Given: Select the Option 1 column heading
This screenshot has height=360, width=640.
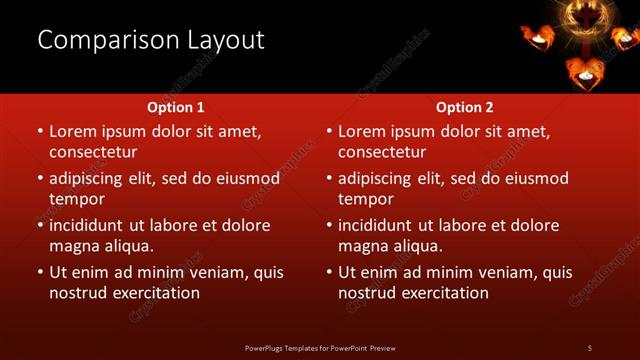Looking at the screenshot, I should pos(176,107).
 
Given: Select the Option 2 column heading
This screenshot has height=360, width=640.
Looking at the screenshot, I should pos(465,107).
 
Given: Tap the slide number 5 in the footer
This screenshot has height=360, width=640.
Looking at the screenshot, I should pos(590,347).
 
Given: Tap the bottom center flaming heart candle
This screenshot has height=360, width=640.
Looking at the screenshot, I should pos(584,72).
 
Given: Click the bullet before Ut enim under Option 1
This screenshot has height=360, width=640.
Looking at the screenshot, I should pos(40,272).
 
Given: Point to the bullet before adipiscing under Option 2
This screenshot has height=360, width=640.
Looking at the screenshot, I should pos(329,179).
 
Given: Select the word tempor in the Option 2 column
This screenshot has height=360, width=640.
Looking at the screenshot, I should pos(365,199).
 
